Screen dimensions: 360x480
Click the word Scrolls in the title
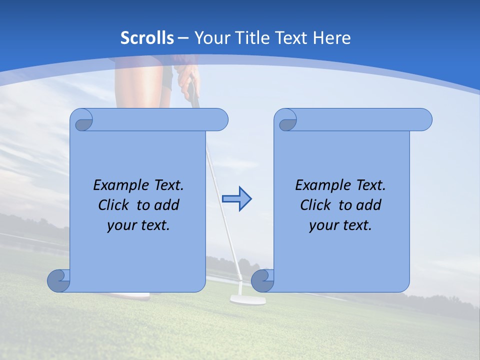(x=147, y=38)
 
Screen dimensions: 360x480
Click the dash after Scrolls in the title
(x=183, y=38)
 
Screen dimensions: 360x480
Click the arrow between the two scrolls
(x=237, y=199)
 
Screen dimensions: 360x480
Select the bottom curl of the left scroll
(x=58, y=280)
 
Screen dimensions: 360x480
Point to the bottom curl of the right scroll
(x=262, y=280)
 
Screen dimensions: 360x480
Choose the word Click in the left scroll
(x=115, y=205)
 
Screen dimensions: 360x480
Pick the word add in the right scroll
(x=369, y=205)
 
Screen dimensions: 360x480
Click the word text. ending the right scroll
(x=356, y=225)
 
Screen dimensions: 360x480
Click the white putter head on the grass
(x=247, y=299)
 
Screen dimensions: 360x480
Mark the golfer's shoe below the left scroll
(x=132, y=296)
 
